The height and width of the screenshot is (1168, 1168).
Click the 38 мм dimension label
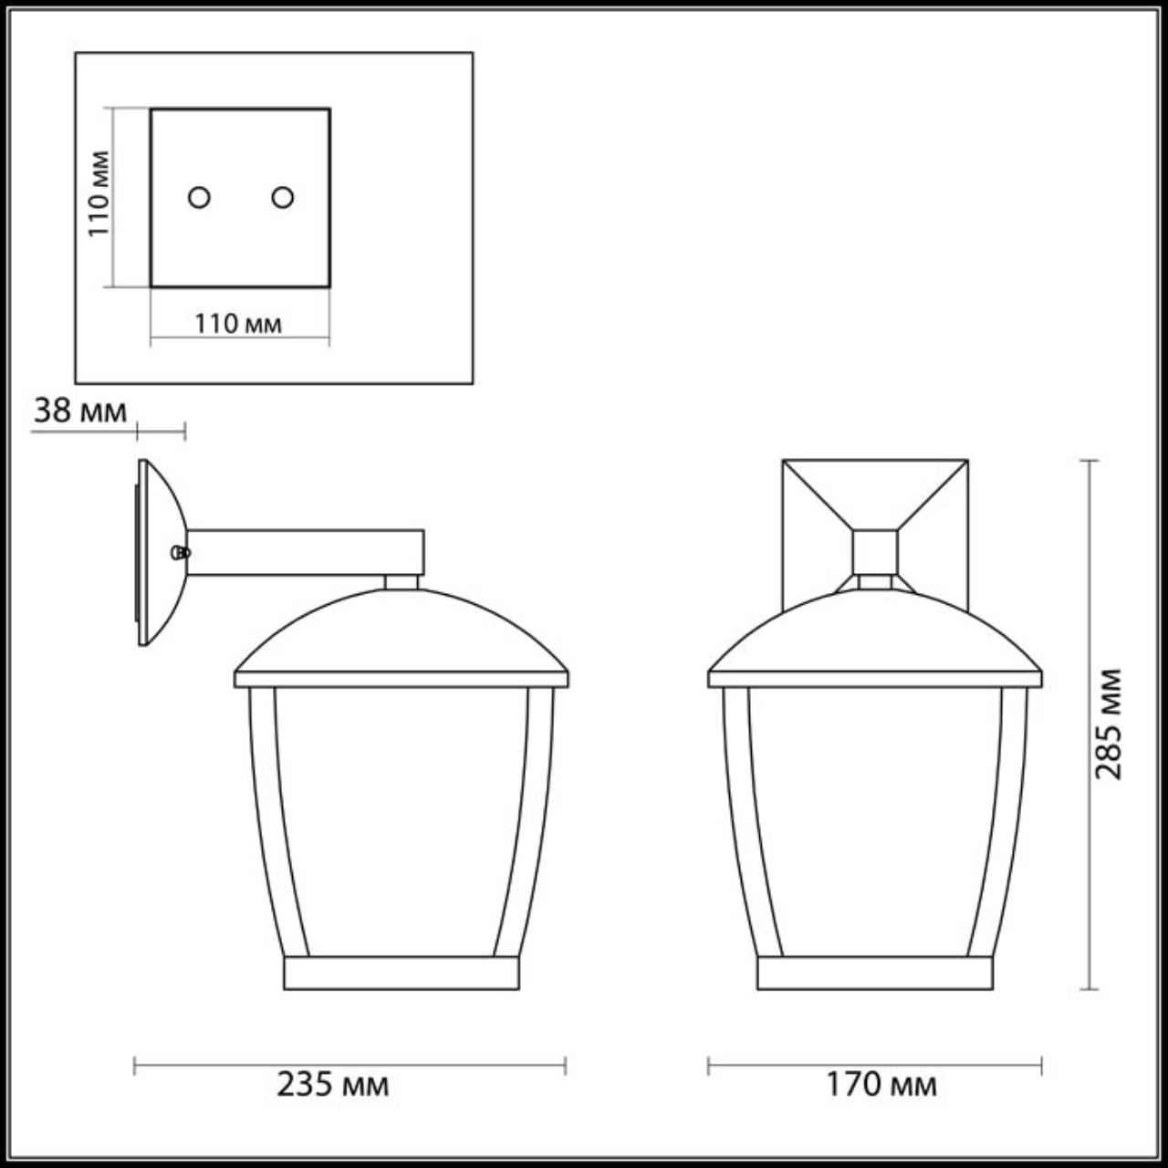click(x=80, y=411)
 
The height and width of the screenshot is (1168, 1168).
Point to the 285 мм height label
click(x=1109, y=724)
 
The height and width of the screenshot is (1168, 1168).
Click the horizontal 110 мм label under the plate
click(x=238, y=324)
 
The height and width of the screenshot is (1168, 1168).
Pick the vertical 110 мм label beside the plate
click(x=99, y=194)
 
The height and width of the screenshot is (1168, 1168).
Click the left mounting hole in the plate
click(x=200, y=197)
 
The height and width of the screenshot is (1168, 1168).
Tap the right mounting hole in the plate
click(x=283, y=197)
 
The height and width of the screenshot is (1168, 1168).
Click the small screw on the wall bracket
click(x=181, y=552)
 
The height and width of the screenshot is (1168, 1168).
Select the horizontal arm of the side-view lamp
click(x=306, y=552)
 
